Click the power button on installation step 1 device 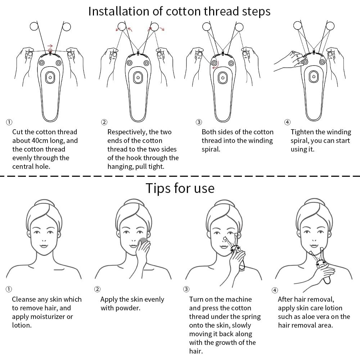click(50, 77)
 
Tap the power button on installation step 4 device click(314, 77)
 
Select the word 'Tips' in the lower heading click(158, 189)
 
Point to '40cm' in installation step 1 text click(42, 140)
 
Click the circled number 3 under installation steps click(199, 122)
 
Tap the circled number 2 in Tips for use click(97, 289)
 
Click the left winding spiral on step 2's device click(129, 63)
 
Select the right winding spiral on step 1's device click(58, 63)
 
